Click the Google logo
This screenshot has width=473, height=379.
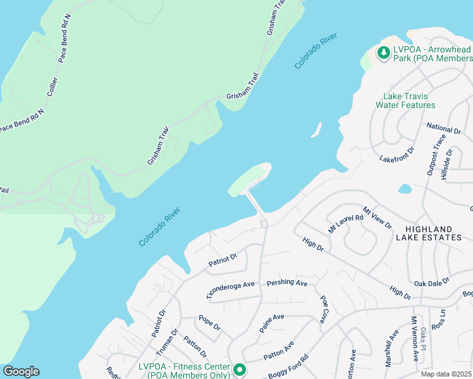[x=21, y=371]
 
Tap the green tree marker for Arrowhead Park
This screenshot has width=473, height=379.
[x=383, y=53]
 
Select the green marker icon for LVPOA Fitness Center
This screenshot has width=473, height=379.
[x=239, y=370]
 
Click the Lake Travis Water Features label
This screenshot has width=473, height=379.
[x=405, y=100]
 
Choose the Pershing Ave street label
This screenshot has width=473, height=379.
[x=286, y=282]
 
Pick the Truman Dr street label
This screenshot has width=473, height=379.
[x=166, y=345]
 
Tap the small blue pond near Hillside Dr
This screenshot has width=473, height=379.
[x=404, y=188]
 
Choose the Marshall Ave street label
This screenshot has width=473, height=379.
[x=391, y=347]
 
